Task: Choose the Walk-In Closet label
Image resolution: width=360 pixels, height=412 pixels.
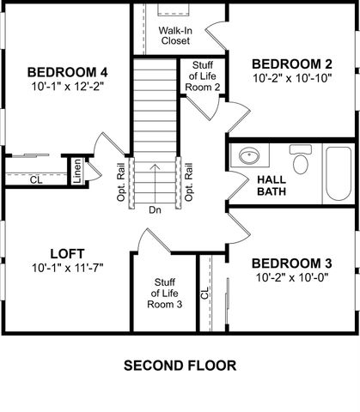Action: tap(174, 34)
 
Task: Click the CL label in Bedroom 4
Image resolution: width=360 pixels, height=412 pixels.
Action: tap(35, 180)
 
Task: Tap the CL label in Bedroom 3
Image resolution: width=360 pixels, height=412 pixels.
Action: tap(205, 294)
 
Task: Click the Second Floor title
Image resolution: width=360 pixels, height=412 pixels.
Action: tap(180, 365)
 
